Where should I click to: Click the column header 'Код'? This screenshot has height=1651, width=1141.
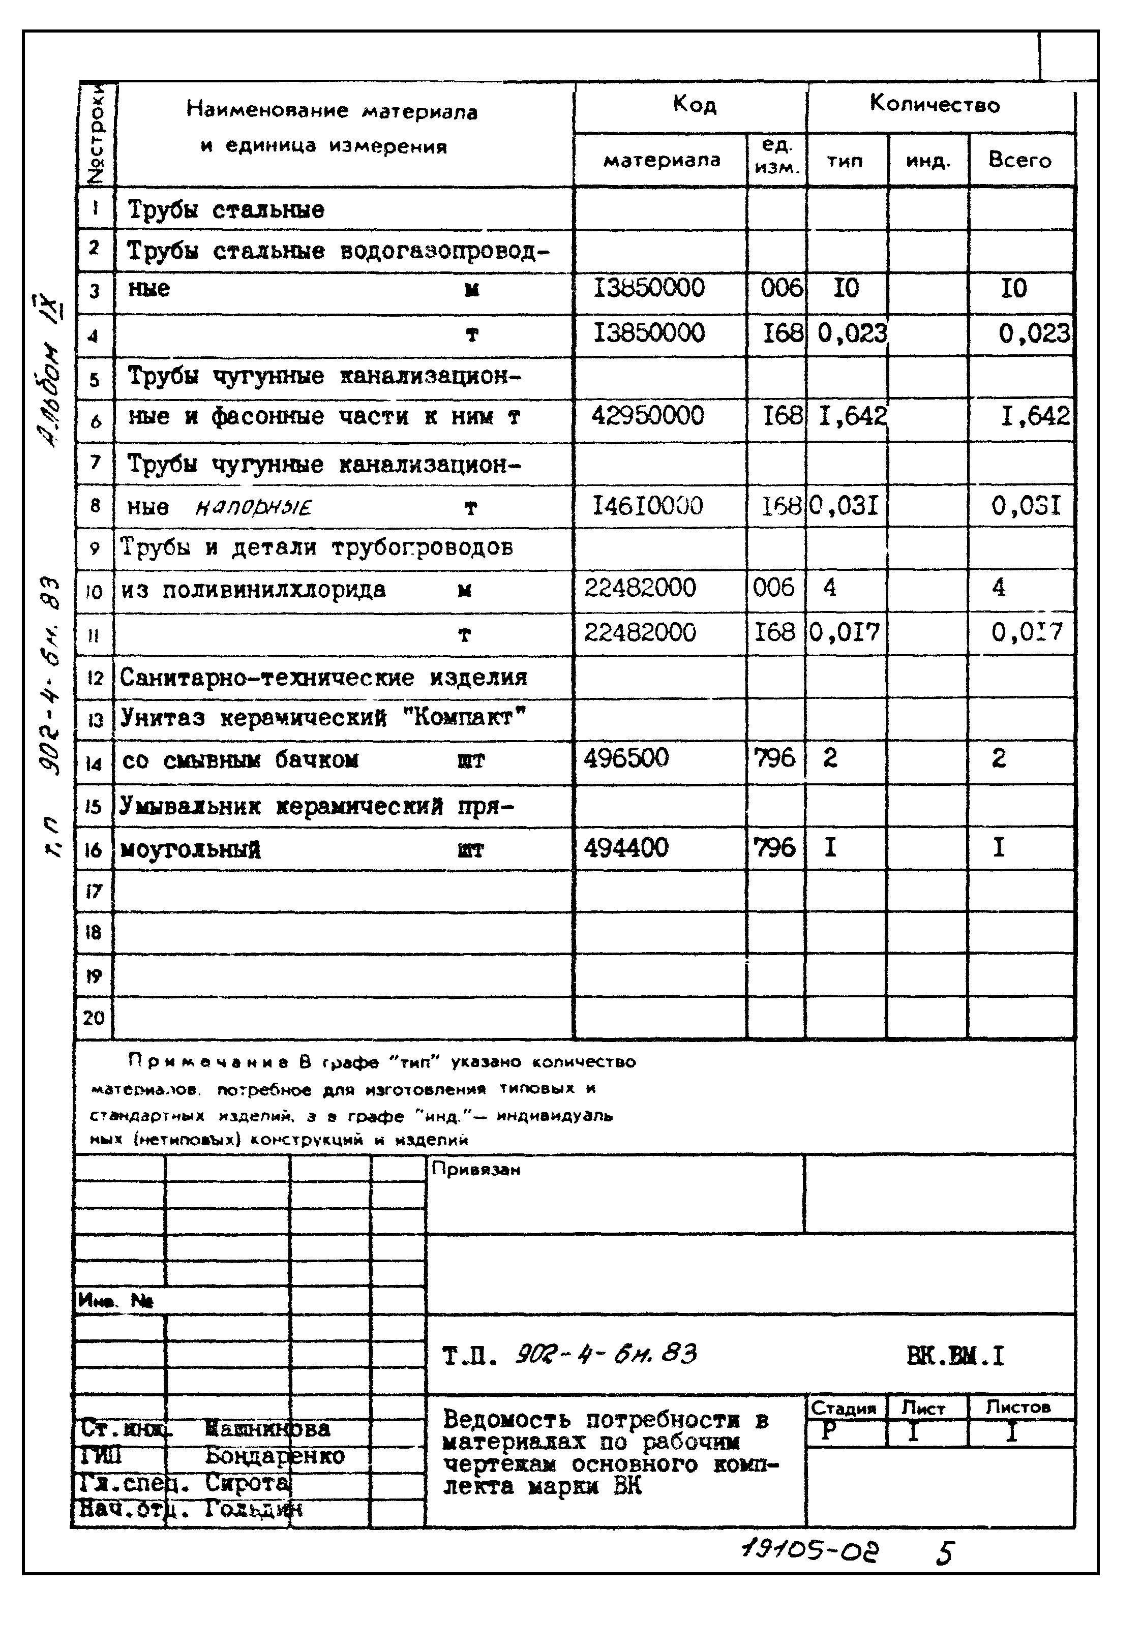click(x=694, y=105)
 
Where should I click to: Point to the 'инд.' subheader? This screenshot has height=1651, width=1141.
click(x=928, y=161)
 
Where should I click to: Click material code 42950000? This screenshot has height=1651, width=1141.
click(x=648, y=415)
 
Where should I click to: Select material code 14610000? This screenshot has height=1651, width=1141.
click(x=648, y=506)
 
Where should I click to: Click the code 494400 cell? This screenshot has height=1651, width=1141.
click(x=626, y=848)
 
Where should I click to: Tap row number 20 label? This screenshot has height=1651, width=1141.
click(x=94, y=1017)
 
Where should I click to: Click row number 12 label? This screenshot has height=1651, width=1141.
click(x=95, y=677)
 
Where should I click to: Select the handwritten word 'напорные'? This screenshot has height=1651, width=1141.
click(x=254, y=508)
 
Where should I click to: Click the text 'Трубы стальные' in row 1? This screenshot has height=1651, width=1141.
click(x=226, y=210)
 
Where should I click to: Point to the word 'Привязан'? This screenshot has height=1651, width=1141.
click(x=476, y=1170)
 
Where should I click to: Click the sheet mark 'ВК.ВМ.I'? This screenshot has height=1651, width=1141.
click(x=955, y=1355)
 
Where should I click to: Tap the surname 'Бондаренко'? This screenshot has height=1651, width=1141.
click(x=275, y=1456)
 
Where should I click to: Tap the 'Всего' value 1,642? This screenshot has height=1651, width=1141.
click(x=1035, y=415)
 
